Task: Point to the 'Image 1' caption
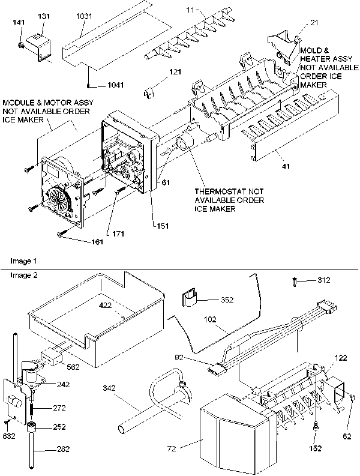point(23,261)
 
